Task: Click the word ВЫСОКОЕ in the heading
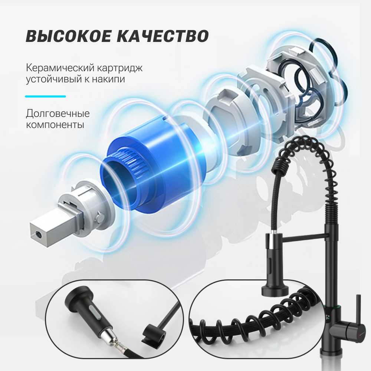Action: point(68,36)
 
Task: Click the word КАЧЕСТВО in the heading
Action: point(163,36)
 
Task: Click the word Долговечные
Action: point(58,114)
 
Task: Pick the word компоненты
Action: point(55,124)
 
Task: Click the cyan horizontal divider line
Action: point(45,96)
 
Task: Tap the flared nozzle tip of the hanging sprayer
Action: point(274,289)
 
